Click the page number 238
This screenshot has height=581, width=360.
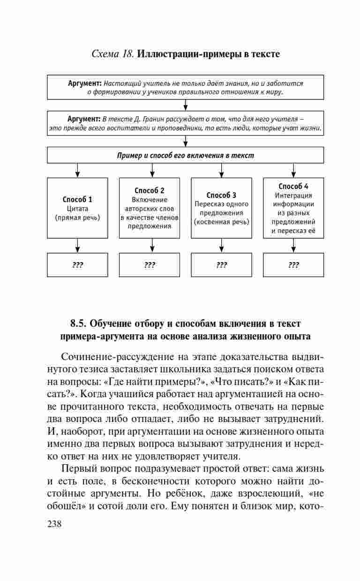[x=55, y=524]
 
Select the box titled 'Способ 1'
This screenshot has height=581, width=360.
[x=77, y=208]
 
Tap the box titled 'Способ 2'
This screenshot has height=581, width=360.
[x=150, y=208]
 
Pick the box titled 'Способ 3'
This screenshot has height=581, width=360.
[x=221, y=208]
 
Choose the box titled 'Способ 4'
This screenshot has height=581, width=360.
[x=293, y=208]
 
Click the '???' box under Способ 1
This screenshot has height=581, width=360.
[x=77, y=265]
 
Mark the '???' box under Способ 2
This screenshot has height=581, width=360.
[x=150, y=265]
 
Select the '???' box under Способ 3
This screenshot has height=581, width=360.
[x=221, y=265]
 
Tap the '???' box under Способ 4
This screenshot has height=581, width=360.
[x=293, y=265]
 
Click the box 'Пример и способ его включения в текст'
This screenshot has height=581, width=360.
[x=186, y=155]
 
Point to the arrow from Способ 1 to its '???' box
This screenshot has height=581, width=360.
[x=78, y=245]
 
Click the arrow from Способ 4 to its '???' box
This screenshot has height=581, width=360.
[x=293, y=245]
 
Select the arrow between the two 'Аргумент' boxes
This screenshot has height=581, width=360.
[x=186, y=105]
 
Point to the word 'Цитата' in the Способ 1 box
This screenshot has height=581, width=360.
[x=77, y=209]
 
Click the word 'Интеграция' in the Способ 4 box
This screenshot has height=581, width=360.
[x=293, y=196]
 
